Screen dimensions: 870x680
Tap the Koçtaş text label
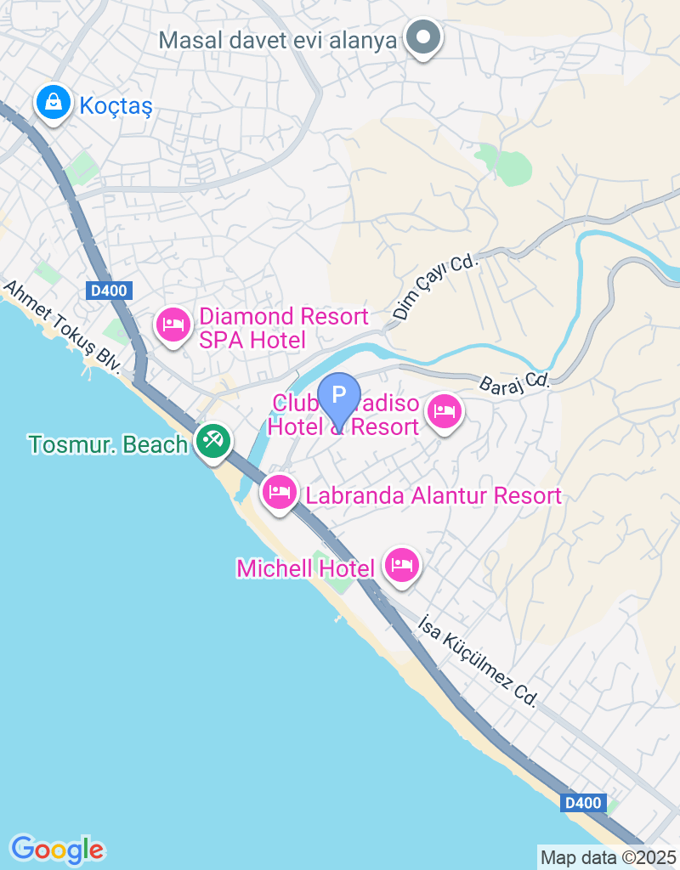[x=115, y=105]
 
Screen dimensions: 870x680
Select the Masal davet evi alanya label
[x=279, y=40]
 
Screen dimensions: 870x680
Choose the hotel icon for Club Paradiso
[x=444, y=412]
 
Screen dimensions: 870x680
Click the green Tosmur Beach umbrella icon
[x=212, y=441]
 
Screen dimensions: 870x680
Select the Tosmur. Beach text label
[x=107, y=444]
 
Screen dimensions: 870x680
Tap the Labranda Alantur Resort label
[x=433, y=495]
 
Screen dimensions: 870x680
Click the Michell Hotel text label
[x=306, y=568]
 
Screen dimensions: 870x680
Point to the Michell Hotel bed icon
[x=401, y=565]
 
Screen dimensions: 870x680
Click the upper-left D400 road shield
[x=108, y=291]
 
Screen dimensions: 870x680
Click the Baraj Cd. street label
[x=514, y=380]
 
